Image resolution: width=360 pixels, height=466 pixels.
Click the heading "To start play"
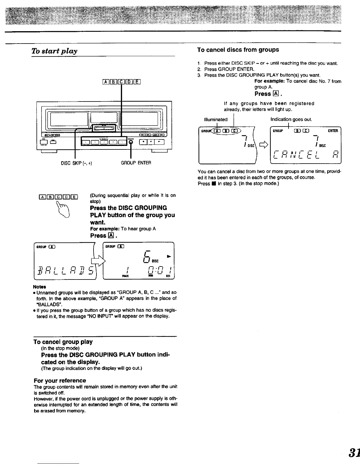[55, 51]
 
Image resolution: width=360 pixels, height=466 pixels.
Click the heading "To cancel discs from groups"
[238, 50]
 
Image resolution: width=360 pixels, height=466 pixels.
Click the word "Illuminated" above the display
[216, 119]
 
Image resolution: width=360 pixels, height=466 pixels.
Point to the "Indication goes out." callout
[291, 119]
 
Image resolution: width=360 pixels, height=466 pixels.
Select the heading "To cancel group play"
[63, 342]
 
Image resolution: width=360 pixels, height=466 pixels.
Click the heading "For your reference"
[60, 380]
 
